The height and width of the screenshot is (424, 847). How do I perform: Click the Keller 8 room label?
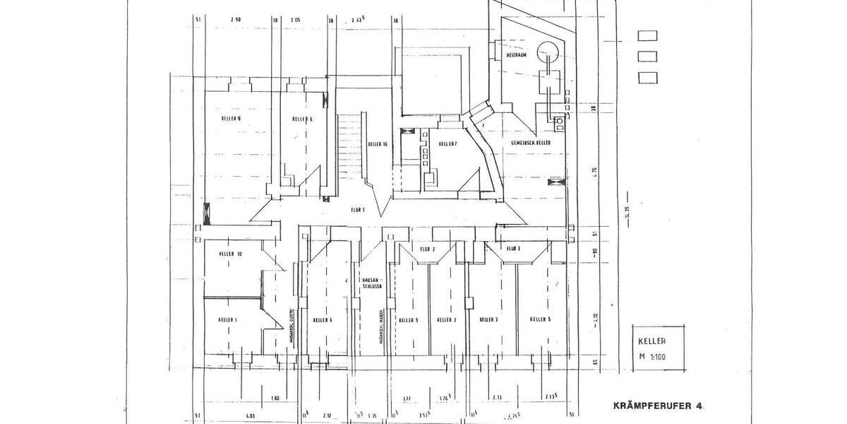click(x=231, y=119)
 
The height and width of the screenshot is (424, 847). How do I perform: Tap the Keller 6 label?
click(x=302, y=119)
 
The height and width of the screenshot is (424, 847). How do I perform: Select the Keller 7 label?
click(x=447, y=144)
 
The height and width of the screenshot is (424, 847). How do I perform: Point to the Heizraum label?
click(x=517, y=54)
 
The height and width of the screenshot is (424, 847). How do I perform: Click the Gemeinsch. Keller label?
click(x=531, y=143)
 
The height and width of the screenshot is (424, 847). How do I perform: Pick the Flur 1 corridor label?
click(x=357, y=210)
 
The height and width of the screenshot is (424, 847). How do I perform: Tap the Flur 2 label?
click(x=428, y=249)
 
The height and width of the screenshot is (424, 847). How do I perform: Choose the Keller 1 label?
click(x=228, y=320)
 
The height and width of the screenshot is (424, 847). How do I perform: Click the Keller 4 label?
click(x=322, y=320)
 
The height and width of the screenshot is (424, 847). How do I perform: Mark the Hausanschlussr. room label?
click(x=371, y=283)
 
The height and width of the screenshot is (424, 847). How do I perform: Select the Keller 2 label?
click(x=447, y=320)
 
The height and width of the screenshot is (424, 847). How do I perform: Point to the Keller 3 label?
click(x=488, y=320)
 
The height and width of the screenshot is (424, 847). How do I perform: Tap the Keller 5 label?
click(x=540, y=320)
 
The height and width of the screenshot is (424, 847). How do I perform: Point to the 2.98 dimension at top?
click(x=236, y=20)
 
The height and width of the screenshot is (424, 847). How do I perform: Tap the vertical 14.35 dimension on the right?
click(x=626, y=212)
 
